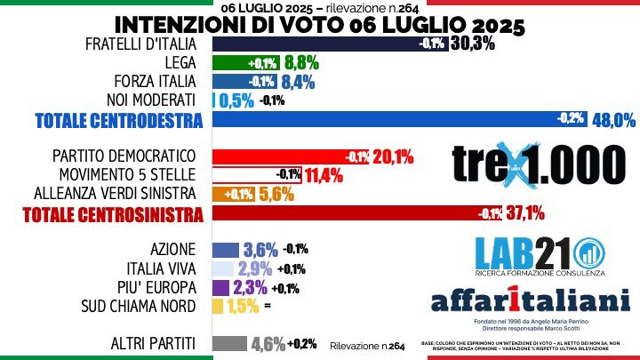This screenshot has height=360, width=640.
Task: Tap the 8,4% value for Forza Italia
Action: pos(299,82)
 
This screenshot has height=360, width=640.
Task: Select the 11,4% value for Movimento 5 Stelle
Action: pos(324,174)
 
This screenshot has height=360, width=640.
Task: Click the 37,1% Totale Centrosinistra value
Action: pos(524,213)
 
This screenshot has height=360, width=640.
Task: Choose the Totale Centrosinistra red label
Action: pos(112,214)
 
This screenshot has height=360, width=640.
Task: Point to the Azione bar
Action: pos(225,250)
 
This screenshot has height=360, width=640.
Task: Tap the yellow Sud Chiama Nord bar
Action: pos(217,306)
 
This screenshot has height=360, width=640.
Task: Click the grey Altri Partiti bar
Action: pos(229,344)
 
